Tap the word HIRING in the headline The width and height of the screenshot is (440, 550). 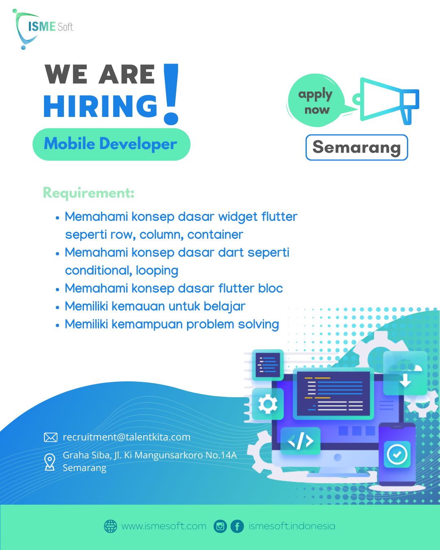[100, 107]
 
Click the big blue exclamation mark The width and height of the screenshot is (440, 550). [171, 94]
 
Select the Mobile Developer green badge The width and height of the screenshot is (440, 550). [111, 144]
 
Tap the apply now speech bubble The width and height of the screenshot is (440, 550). [315, 101]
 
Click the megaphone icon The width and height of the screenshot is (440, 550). [387, 100]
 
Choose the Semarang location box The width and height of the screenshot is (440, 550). [356, 147]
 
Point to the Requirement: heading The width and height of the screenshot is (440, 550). [88, 193]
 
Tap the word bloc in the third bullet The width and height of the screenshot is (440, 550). [271, 288]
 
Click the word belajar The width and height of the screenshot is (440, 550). [224, 306]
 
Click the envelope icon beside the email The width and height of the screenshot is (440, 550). [51, 438]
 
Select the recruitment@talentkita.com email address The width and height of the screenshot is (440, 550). [126, 437]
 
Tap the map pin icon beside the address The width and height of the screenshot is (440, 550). [50, 462]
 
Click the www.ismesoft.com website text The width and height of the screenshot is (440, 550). [164, 526]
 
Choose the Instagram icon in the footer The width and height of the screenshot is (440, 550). [220, 526]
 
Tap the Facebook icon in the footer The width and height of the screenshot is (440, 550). [237, 526]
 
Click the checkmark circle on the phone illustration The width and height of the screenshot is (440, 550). [397, 454]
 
